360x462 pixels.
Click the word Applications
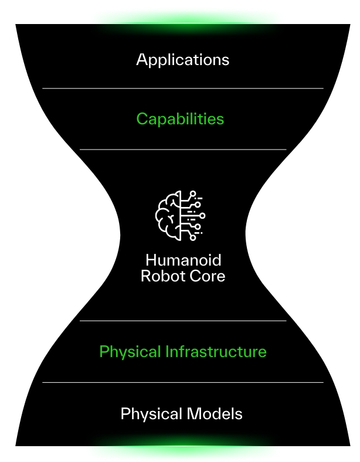point(182,60)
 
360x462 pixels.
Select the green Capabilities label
point(180,119)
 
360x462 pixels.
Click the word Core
point(205,276)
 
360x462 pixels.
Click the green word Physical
point(130,352)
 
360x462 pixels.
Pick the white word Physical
point(151,414)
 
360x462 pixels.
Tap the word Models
point(213,414)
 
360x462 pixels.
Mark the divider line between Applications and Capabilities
point(182,89)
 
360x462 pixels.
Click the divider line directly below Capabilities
point(182,150)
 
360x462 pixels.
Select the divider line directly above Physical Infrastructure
point(182,321)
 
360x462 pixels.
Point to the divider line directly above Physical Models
point(182,382)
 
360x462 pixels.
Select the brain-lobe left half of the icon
point(168,215)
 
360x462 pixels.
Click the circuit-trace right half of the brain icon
point(194,215)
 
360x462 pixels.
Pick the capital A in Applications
point(142,59)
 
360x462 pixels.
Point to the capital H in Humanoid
point(151,260)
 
